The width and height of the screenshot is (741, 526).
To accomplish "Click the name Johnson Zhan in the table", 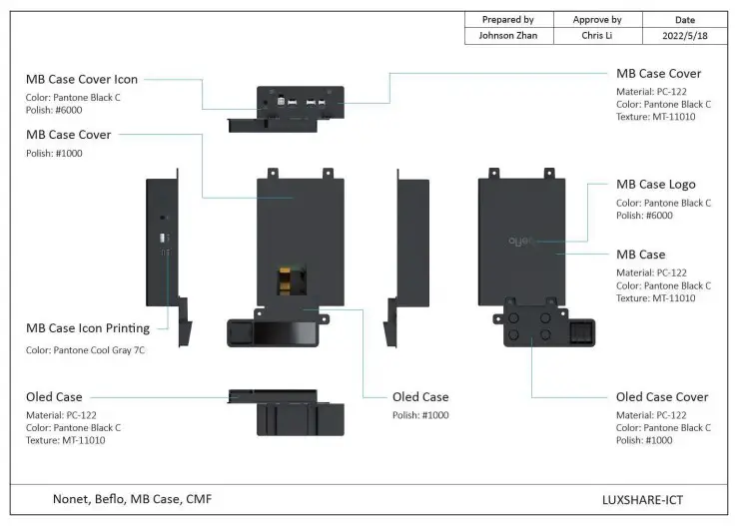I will (x=507, y=35).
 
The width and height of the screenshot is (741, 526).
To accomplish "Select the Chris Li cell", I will (x=597, y=35).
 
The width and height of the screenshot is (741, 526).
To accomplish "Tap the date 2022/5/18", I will (x=684, y=35).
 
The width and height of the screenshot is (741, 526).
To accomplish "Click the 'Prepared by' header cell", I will (x=507, y=19).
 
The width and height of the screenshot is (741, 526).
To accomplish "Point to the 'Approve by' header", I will (x=597, y=19).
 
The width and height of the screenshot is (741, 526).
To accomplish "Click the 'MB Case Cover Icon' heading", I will (x=82, y=80).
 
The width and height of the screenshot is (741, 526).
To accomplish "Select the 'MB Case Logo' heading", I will (x=656, y=185).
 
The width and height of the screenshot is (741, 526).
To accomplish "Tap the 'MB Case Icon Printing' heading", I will (x=88, y=328).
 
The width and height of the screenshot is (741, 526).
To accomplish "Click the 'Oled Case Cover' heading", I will (x=662, y=397).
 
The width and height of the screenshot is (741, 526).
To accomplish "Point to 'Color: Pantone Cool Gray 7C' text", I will (x=86, y=350).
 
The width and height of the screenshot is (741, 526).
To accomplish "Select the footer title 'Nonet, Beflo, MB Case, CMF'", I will (x=132, y=498).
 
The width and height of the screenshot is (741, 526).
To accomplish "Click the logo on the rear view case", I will (x=521, y=241).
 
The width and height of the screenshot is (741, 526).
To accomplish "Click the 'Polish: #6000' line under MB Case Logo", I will (x=644, y=216).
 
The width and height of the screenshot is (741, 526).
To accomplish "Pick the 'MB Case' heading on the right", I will (x=641, y=255).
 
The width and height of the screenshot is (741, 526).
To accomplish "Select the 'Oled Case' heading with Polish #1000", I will (x=420, y=397).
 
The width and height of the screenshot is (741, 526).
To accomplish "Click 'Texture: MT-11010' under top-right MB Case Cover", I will (x=656, y=117).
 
